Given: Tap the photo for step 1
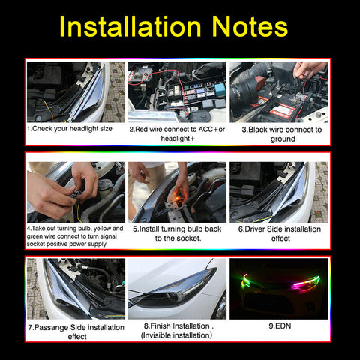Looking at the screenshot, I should point(76,91).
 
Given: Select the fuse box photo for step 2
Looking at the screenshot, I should point(177,91).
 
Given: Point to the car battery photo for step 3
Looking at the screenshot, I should point(278,91).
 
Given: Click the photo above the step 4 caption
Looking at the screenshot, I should point(76,192).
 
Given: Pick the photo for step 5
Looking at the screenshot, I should point(177,192).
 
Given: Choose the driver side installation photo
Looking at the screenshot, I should point(278,192).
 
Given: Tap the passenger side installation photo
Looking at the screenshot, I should point(76,289).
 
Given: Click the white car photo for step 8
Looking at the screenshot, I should point(177,289).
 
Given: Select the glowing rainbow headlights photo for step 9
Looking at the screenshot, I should point(278,289).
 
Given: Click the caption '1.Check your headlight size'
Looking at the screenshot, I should point(75,129).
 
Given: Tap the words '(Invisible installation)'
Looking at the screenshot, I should point(177,335).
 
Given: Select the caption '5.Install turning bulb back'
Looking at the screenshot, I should point(177,229).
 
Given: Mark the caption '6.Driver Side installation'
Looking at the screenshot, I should point(279,229).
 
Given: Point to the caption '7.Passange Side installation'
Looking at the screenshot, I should point(76,327).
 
